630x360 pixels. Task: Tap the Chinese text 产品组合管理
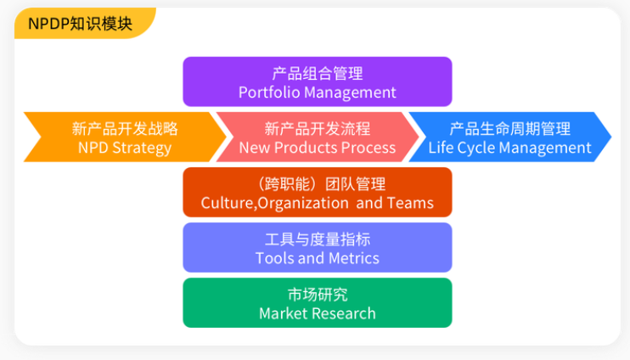coord(318,74)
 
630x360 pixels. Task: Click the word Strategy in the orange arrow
coord(142,149)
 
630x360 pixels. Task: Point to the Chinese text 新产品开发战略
coord(125,128)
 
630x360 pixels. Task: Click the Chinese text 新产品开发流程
coord(318,128)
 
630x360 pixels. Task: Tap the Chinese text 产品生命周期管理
coord(510,128)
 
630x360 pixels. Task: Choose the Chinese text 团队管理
coord(355,184)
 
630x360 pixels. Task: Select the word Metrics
coord(353,258)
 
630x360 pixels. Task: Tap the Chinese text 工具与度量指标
coord(318,239)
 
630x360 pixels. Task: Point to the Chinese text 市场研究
coord(318,295)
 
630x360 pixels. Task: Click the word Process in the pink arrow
coord(366,148)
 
